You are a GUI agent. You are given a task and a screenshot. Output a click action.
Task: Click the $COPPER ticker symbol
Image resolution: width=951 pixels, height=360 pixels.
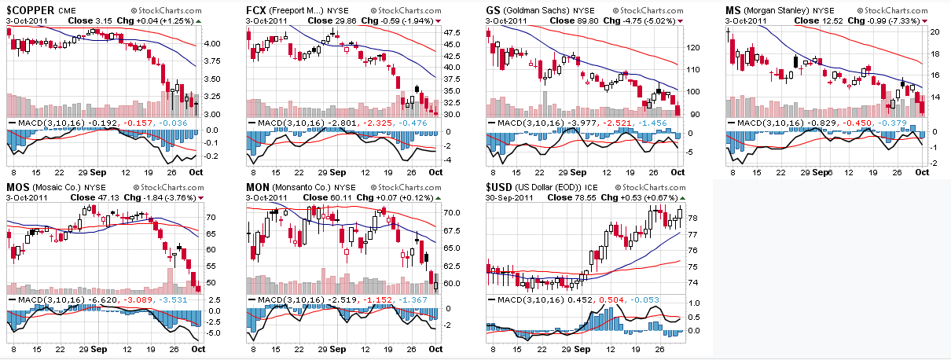coord(31,9)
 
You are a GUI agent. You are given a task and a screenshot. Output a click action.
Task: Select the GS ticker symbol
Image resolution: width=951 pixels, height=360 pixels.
coord(494,9)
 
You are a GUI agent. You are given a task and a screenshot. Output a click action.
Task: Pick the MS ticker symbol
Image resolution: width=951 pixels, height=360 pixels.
coord(732,9)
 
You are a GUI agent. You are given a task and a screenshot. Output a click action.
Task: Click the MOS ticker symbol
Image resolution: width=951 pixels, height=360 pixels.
coord(19,187)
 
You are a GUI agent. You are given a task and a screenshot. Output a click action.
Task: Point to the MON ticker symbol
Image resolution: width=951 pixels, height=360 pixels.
coord(259,187)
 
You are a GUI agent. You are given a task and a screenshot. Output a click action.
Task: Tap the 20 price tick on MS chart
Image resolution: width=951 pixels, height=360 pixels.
coord(934,33)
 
